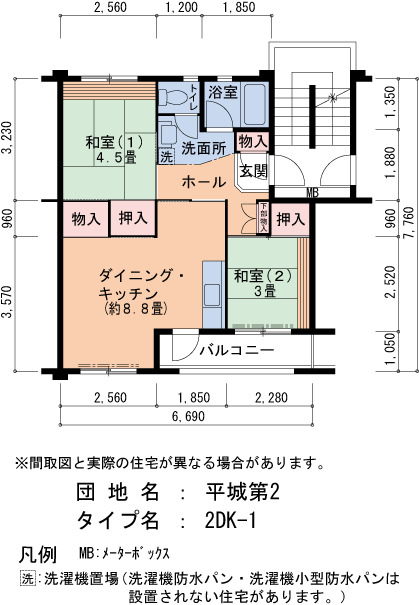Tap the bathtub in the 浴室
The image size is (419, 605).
[x=255, y=103]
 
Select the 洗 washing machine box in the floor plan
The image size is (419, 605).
[x=166, y=157]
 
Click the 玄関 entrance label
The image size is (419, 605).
[x=253, y=171]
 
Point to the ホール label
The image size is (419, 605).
[x=204, y=182]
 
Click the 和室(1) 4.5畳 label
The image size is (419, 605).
[x=115, y=150]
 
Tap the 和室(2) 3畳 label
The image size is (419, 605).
[x=263, y=283]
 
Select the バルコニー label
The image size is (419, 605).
[x=237, y=350]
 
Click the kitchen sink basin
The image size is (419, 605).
[x=213, y=294]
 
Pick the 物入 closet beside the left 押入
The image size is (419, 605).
[x=86, y=220]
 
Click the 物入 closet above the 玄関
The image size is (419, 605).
[x=253, y=141]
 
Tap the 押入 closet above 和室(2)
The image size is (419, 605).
[x=291, y=219]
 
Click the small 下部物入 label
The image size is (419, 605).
[x=264, y=218]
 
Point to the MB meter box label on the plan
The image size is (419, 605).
[x=312, y=193]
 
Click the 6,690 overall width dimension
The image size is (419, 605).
[x=188, y=417]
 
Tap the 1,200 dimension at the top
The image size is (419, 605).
[x=181, y=7]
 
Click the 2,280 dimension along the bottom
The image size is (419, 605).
[x=271, y=397]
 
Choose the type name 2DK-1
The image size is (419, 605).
[x=230, y=521]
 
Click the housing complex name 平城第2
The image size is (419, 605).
[x=242, y=492]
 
